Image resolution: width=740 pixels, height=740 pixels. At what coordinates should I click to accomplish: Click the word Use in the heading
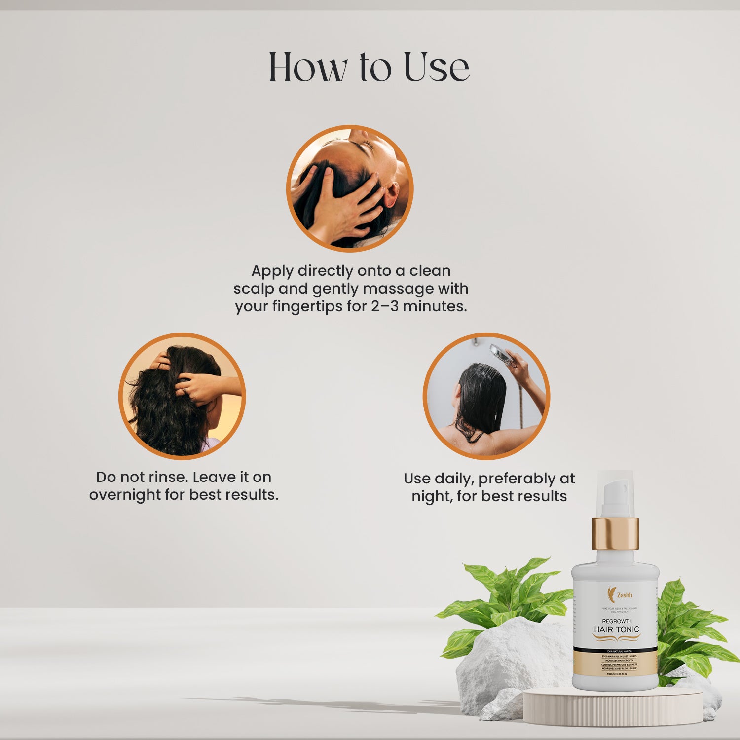pos(436,68)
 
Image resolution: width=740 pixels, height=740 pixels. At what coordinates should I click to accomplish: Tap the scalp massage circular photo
pos(350,188)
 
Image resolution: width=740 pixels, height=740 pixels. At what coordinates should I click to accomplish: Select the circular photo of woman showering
pos(486,396)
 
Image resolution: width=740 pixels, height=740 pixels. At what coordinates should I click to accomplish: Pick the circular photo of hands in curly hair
pos(182,396)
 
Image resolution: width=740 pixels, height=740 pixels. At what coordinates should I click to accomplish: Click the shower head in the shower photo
pos(500,352)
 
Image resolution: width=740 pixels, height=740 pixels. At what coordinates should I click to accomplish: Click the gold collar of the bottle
pos(615,533)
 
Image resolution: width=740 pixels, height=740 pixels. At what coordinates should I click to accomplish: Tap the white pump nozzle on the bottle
pos(614,493)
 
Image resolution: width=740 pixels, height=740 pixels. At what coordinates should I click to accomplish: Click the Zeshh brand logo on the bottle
pos(620,594)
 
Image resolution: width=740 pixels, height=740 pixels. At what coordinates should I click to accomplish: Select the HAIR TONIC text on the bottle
pos(616,629)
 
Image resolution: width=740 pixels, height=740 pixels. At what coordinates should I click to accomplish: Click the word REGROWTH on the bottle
pos(617,621)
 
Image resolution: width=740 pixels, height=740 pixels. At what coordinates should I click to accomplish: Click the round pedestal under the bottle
pos(612,708)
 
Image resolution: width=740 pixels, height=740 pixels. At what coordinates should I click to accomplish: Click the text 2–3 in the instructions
pos(385,306)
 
